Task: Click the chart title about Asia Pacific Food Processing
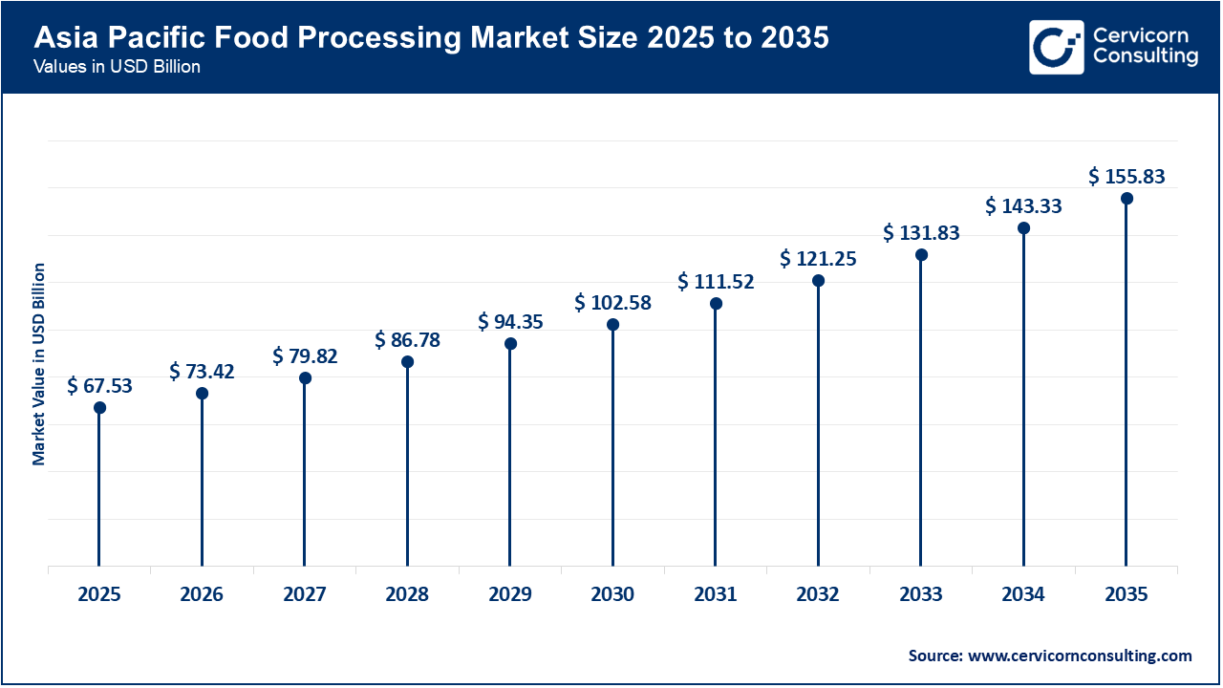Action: pyautogui.click(x=431, y=38)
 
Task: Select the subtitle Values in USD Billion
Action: pyautogui.click(x=117, y=68)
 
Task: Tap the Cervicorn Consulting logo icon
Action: pyautogui.click(x=1056, y=47)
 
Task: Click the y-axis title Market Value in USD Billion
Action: pyautogui.click(x=39, y=364)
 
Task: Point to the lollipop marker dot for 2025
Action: pyautogui.click(x=99, y=408)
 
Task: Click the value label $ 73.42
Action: pyautogui.click(x=202, y=371)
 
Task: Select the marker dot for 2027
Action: pyautogui.click(x=305, y=378)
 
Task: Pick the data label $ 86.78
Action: pyautogui.click(x=407, y=339)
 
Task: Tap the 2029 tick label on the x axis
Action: pyautogui.click(x=510, y=594)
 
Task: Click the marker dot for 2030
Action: pyautogui.click(x=612, y=325)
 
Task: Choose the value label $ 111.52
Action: pyautogui.click(x=716, y=281)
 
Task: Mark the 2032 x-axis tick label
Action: pyautogui.click(x=818, y=594)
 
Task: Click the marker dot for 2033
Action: pyautogui.click(x=921, y=255)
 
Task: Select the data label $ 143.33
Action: pyautogui.click(x=1023, y=205)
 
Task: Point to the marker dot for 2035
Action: pyautogui.click(x=1126, y=199)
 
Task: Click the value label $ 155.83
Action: pyautogui.click(x=1126, y=177)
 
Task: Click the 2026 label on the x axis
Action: pyautogui.click(x=202, y=594)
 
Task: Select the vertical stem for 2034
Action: pyautogui.click(x=1023, y=401)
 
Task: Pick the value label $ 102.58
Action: pyautogui.click(x=612, y=303)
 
